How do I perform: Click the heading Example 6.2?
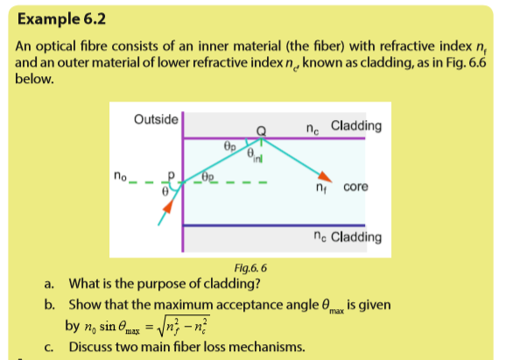61,19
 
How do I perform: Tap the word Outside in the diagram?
156,119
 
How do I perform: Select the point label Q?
261,131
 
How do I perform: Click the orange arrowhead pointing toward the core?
325,177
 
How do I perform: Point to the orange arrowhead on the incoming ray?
168,207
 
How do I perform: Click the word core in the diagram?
355,187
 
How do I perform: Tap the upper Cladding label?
356,125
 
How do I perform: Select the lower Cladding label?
356,236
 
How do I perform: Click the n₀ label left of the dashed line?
120,176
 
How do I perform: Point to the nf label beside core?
321,187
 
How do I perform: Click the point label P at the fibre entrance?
171,176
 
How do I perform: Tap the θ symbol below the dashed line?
165,191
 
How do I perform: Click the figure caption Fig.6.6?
250,268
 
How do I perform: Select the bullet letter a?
49,284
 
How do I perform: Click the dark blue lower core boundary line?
274,225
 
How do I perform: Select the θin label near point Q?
254,155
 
